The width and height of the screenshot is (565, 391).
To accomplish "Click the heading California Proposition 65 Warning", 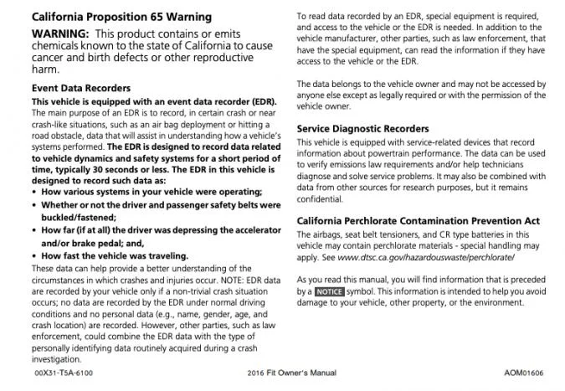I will click(121, 17).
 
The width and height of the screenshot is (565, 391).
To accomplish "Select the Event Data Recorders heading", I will click(80, 87).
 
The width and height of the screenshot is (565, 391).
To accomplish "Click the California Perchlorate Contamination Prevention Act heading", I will click(419, 220).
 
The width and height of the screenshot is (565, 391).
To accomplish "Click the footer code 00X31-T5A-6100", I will click(64, 372).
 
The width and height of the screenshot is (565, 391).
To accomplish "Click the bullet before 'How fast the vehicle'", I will click(35, 255).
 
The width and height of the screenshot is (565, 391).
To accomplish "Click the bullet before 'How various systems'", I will click(35, 191).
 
